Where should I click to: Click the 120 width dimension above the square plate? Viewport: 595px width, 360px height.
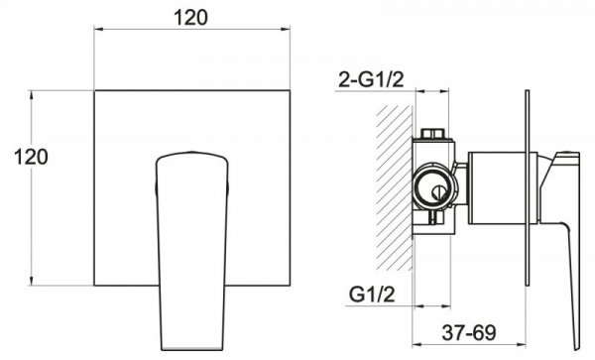click(x=190, y=18)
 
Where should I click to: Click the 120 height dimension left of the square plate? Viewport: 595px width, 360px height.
click(x=31, y=157)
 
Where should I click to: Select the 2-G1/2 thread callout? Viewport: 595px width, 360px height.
click(x=371, y=80)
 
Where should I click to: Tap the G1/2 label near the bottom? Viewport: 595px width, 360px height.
click(x=372, y=294)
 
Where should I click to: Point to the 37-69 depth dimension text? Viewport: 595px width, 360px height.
click(x=469, y=332)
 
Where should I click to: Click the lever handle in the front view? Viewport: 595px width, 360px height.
click(x=191, y=250)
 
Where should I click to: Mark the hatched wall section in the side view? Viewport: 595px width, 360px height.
click(x=395, y=187)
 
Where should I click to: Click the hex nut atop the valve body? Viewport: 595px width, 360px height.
click(x=432, y=134)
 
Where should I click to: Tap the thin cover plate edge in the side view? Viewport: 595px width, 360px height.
click(x=528, y=187)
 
